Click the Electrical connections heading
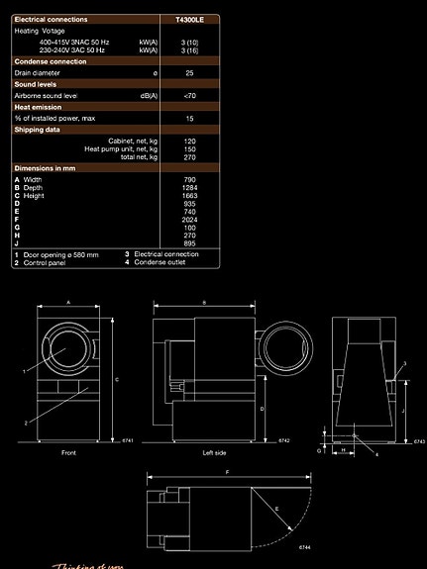51,19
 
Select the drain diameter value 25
188,73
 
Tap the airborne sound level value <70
188,95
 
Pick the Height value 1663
188,196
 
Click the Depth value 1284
188,188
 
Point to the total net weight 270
188,157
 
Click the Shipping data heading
38,129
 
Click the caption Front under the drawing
68,452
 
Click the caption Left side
214,452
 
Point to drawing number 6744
304,546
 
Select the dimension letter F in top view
226,473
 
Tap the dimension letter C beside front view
117,378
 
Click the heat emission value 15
188,118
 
